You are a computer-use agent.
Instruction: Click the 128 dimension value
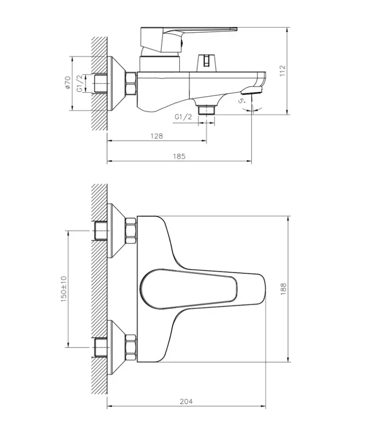[157, 136]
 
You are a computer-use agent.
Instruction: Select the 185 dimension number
[179, 156]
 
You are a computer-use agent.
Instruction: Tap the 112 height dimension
[283, 71]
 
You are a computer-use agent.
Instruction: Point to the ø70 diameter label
[67, 82]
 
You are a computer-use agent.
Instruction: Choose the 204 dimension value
[187, 401]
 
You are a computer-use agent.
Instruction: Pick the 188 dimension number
[283, 289]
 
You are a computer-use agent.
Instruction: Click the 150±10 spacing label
[64, 289]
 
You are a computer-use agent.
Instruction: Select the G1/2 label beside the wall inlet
[79, 83]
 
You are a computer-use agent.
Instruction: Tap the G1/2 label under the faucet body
[183, 117]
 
